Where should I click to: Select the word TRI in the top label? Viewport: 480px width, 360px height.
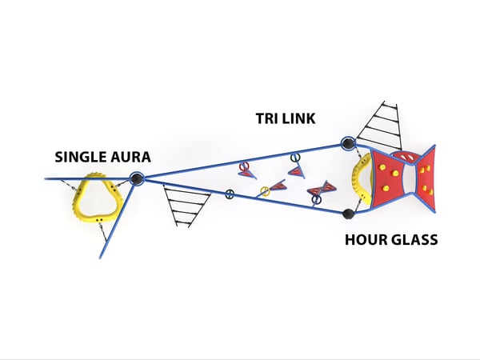(x=267, y=118)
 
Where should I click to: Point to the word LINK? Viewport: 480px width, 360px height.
(x=300, y=118)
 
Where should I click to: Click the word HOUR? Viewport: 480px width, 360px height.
(x=365, y=239)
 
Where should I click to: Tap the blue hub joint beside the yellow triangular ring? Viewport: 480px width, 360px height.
(x=137, y=179)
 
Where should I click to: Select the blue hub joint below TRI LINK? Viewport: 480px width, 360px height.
(x=348, y=144)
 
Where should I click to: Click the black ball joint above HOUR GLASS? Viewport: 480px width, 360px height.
(x=348, y=214)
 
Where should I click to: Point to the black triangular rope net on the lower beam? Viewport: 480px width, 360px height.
(x=186, y=203)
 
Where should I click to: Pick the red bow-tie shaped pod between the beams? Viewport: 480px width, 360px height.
(x=322, y=190)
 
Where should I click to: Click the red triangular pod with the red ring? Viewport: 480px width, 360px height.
(x=247, y=170)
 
